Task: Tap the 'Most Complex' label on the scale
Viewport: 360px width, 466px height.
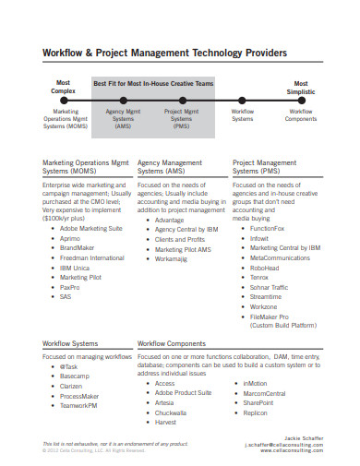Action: click(63, 87)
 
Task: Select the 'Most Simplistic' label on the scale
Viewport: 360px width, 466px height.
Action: click(300, 87)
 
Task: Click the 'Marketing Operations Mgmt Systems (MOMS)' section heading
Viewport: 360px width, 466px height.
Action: click(87, 167)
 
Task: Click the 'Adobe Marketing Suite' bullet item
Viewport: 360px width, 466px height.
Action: click(91, 227)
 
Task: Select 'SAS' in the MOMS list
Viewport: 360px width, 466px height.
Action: click(66, 297)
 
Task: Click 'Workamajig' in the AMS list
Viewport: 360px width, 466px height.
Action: click(173, 259)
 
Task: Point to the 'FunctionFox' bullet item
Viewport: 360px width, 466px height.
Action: click(267, 227)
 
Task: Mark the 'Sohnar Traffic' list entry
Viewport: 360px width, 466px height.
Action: click(270, 287)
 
